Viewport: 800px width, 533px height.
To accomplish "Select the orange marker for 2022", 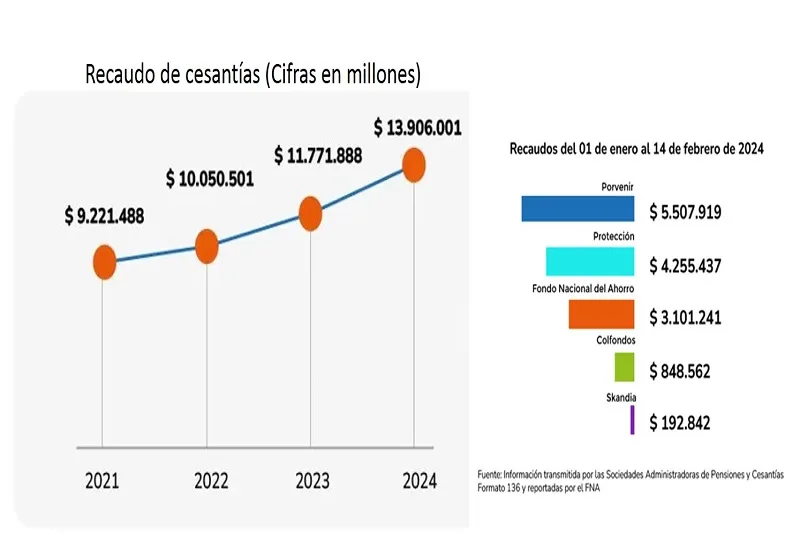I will coord(206,245).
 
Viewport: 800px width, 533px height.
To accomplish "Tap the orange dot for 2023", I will coord(310,213).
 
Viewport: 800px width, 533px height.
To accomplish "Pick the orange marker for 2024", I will coord(414,165).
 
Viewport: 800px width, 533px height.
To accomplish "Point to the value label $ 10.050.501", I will coord(210,180).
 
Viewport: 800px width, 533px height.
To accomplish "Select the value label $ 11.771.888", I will coord(318,156).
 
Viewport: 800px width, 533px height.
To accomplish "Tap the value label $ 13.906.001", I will coord(418,128).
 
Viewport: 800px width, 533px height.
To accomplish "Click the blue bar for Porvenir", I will coord(578,209).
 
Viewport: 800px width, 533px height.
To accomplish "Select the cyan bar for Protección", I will coord(590,262).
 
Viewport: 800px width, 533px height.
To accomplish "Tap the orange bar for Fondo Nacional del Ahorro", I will coord(601,315).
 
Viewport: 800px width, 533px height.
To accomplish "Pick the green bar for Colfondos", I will coord(624,367).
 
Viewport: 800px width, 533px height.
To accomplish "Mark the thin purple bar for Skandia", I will coord(633,420).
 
